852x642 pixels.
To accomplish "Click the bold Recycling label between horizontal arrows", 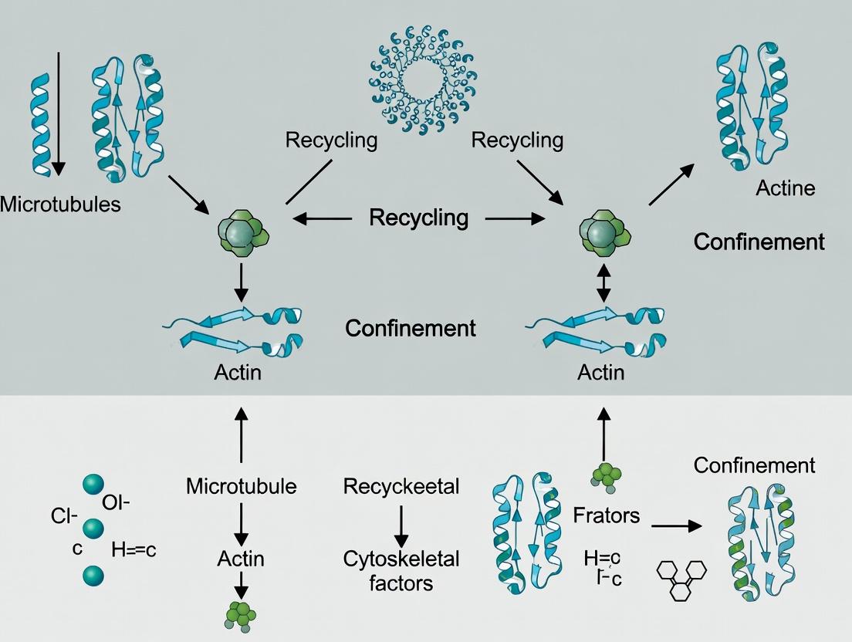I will (418, 218).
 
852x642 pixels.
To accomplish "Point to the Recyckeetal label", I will (401, 486).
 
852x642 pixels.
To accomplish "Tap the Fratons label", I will (607, 515).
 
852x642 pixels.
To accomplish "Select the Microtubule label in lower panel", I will (242, 486).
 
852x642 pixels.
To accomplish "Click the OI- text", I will (116, 502).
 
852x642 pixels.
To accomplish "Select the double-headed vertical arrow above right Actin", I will (603, 283).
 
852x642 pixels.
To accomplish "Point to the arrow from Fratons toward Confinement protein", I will (676, 525).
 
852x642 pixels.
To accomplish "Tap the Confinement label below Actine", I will (759, 242).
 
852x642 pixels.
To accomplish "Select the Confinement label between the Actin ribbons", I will (410, 328).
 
